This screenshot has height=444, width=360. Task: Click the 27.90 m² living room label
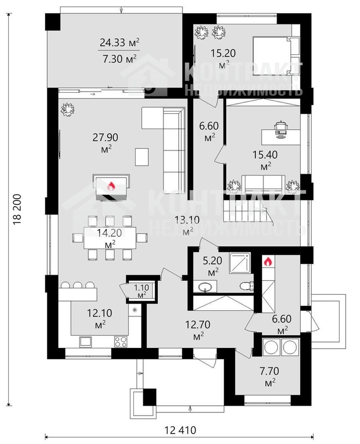(x=106, y=143)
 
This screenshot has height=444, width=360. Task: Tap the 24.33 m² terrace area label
(x=119, y=43)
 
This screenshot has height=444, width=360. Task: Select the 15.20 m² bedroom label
(x=223, y=58)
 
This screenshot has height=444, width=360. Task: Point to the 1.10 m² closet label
(x=142, y=291)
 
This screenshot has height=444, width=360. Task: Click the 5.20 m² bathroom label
(x=212, y=266)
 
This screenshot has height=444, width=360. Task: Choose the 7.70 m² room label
(x=269, y=376)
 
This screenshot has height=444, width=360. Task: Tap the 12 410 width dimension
(x=181, y=430)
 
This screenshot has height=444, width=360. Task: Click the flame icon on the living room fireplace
(x=111, y=186)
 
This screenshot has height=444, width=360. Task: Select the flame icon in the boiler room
(x=268, y=261)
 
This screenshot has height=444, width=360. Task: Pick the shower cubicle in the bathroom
(x=240, y=263)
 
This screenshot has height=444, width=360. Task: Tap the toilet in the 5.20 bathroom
(x=247, y=286)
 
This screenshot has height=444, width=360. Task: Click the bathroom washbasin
(x=205, y=287)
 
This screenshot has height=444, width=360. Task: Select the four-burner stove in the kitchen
(x=121, y=341)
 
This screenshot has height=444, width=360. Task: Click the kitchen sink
(x=86, y=341)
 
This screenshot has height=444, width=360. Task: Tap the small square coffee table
(x=142, y=157)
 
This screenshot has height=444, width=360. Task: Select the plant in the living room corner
(x=67, y=109)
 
